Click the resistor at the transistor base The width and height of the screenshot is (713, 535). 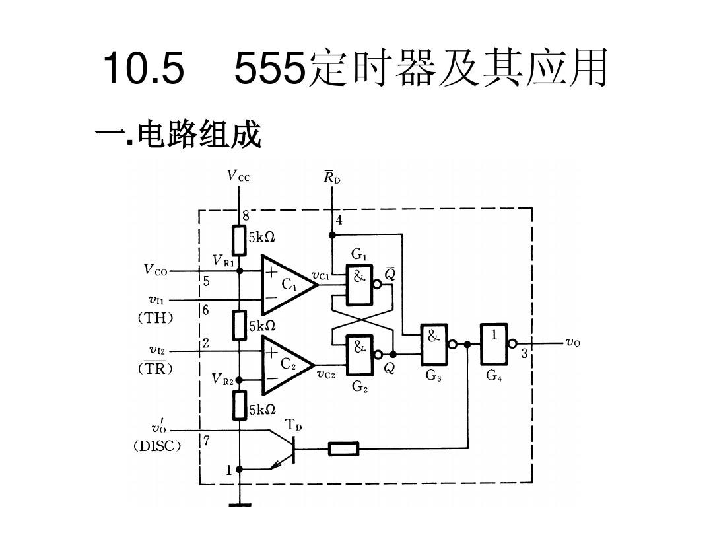[x=343, y=450]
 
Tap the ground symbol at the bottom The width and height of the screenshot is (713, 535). [x=239, y=506]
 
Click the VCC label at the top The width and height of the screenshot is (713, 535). [x=238, y=176]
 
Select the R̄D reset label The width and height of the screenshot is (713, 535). [x=331, y=177]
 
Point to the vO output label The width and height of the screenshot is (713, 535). [x=572, y=343]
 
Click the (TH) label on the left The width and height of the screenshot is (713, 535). [x=156, y=318]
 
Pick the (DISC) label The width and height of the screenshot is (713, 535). [x=156, y=446]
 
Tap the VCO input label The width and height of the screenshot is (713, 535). [x=156, y=270]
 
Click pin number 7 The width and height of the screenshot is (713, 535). [x=207, y=440]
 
